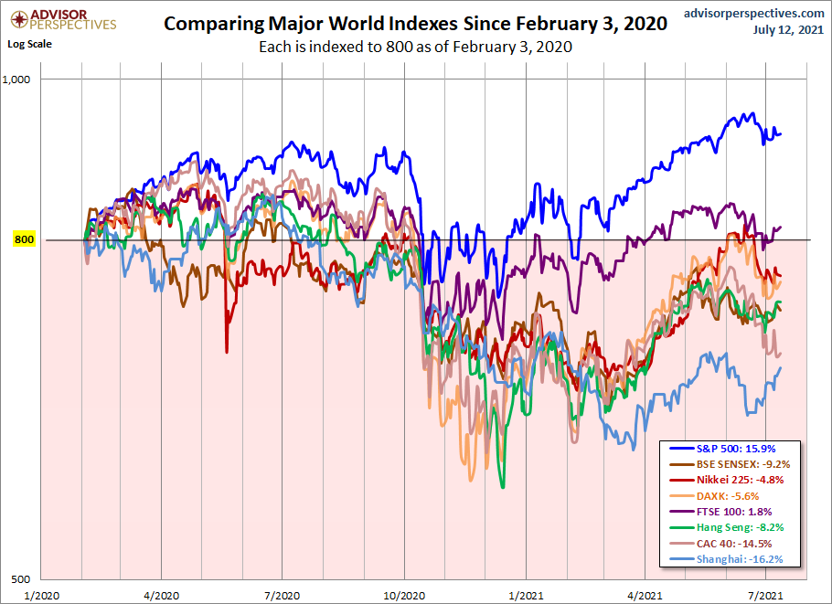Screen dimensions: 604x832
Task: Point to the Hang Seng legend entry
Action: coord(730,527)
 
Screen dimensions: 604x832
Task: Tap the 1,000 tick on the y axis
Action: coord(42,79)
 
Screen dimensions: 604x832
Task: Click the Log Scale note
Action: coord(29,43)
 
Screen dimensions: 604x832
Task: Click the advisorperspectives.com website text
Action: coord(753,13)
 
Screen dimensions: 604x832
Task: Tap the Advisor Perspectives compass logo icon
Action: coord(16,18)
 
